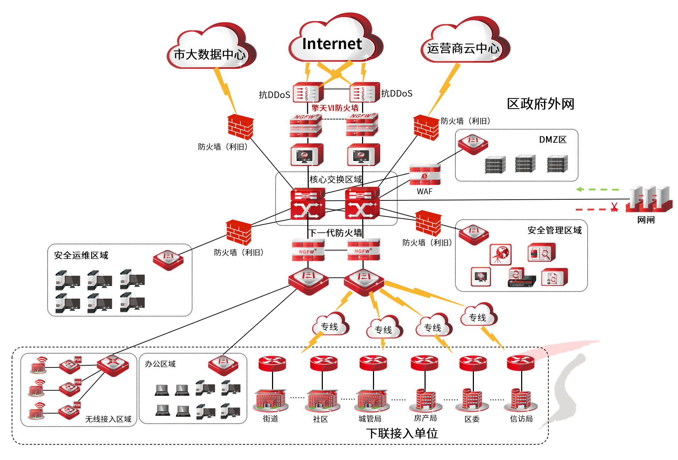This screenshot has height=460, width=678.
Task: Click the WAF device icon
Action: (425, 175)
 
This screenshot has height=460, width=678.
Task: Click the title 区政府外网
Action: (540, 104)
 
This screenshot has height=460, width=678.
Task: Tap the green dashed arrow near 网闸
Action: (597, 189)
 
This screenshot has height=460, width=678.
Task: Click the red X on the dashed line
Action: (614, 208)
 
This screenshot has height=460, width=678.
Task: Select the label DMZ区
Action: (553, 140)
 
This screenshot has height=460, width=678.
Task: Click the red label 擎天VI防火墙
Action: (335, 108)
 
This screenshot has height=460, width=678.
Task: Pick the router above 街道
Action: (272, 363)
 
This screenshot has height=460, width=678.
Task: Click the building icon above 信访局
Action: (521, 399)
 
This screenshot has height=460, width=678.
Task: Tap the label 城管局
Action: (370, 419)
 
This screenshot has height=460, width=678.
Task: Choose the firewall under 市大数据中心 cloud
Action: (240, 127)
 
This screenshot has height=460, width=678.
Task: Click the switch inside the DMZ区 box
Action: (473, 144)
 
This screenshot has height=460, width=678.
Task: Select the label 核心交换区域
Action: (336, 179)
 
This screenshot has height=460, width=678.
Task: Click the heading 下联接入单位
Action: (402, 433)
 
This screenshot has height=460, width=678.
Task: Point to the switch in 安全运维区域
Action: (168, 260)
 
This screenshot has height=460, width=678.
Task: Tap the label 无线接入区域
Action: (108, 419)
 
